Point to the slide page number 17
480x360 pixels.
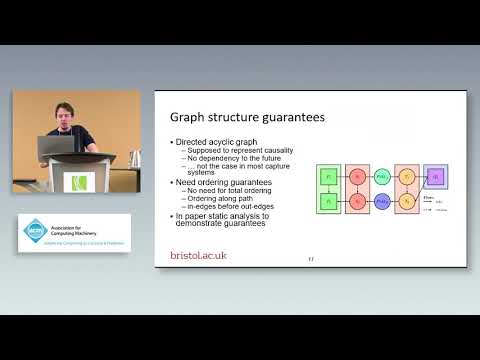coord(311,258)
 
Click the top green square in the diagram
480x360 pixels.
coord(327,174)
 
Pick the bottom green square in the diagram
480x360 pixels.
coord(327,201)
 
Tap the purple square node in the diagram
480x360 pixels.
coord(436,175)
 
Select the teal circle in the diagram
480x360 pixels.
coord(381,175)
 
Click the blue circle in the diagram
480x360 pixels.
coord(381,201)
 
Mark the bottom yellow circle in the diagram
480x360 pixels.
coord(407,201)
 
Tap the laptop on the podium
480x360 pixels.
coord(53,147)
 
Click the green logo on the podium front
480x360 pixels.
coord(79,182)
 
